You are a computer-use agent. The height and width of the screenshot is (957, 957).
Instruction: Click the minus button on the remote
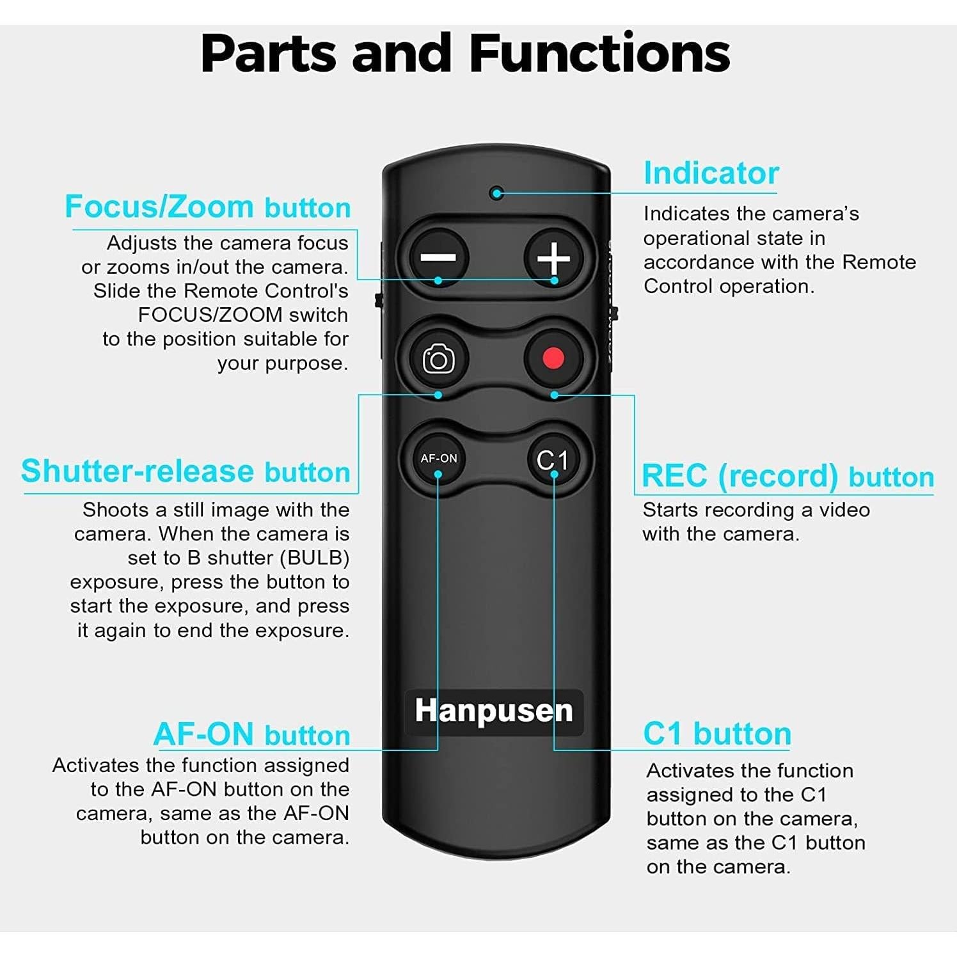(x=438, y=258)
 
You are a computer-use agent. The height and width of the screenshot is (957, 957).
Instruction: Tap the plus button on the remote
(x=553, y=258)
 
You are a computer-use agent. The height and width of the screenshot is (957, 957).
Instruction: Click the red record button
(x=553, y=358)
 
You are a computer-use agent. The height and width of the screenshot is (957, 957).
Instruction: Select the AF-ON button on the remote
(x=438, y=459)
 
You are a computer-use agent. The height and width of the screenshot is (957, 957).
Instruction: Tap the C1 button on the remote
(x=553, y=459)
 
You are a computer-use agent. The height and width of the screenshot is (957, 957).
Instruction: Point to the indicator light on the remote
(x=496, y=193)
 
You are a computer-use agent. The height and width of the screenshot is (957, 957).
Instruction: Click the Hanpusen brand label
(x=494, y=711)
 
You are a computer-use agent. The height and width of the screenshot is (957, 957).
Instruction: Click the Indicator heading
(x=711, y=173)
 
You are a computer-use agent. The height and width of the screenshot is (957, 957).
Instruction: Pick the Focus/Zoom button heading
(x=208, y=207)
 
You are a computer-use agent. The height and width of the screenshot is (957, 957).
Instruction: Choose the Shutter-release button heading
(x=186, y=471)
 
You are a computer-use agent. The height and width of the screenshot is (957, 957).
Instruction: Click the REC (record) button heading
(x=787, y=477)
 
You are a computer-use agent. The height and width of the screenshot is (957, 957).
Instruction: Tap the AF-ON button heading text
(x=252, y=734)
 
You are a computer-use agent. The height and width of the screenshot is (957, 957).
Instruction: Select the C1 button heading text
(x=717, y=734)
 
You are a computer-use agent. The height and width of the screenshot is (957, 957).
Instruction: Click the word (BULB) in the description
(x=315, y=558)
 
